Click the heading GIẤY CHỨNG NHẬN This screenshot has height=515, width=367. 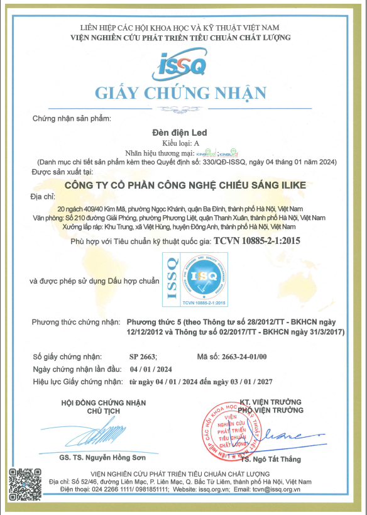coord(181,94)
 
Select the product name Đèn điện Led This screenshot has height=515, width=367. coord(183,133)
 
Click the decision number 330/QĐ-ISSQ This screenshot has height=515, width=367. coord(224,162)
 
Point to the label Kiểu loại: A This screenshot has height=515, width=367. coord(183,143)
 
